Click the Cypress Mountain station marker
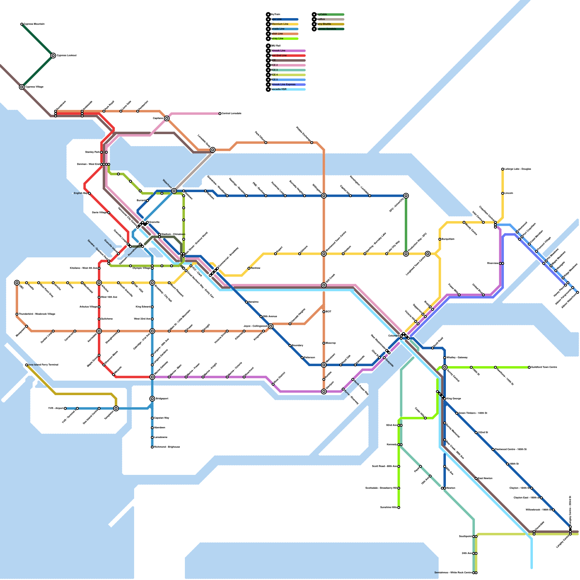click(22, 24)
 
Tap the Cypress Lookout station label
click(67, 55)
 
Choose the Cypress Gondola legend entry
click(328, 29)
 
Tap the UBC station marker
click(17, 283)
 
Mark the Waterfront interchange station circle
click(174, 191)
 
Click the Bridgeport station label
click(162, 399)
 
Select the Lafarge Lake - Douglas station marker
click(502, 169)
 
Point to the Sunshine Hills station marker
click(399, 507)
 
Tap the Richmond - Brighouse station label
click(167, 447)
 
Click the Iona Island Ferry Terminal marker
click(26, 365)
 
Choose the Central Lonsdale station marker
click(220, 113)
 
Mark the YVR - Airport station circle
click(65, 409)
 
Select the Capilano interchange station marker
click(167, 119)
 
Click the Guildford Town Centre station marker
click(529, 367)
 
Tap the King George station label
click(454, 399)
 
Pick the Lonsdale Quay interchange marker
click(213, 150)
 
